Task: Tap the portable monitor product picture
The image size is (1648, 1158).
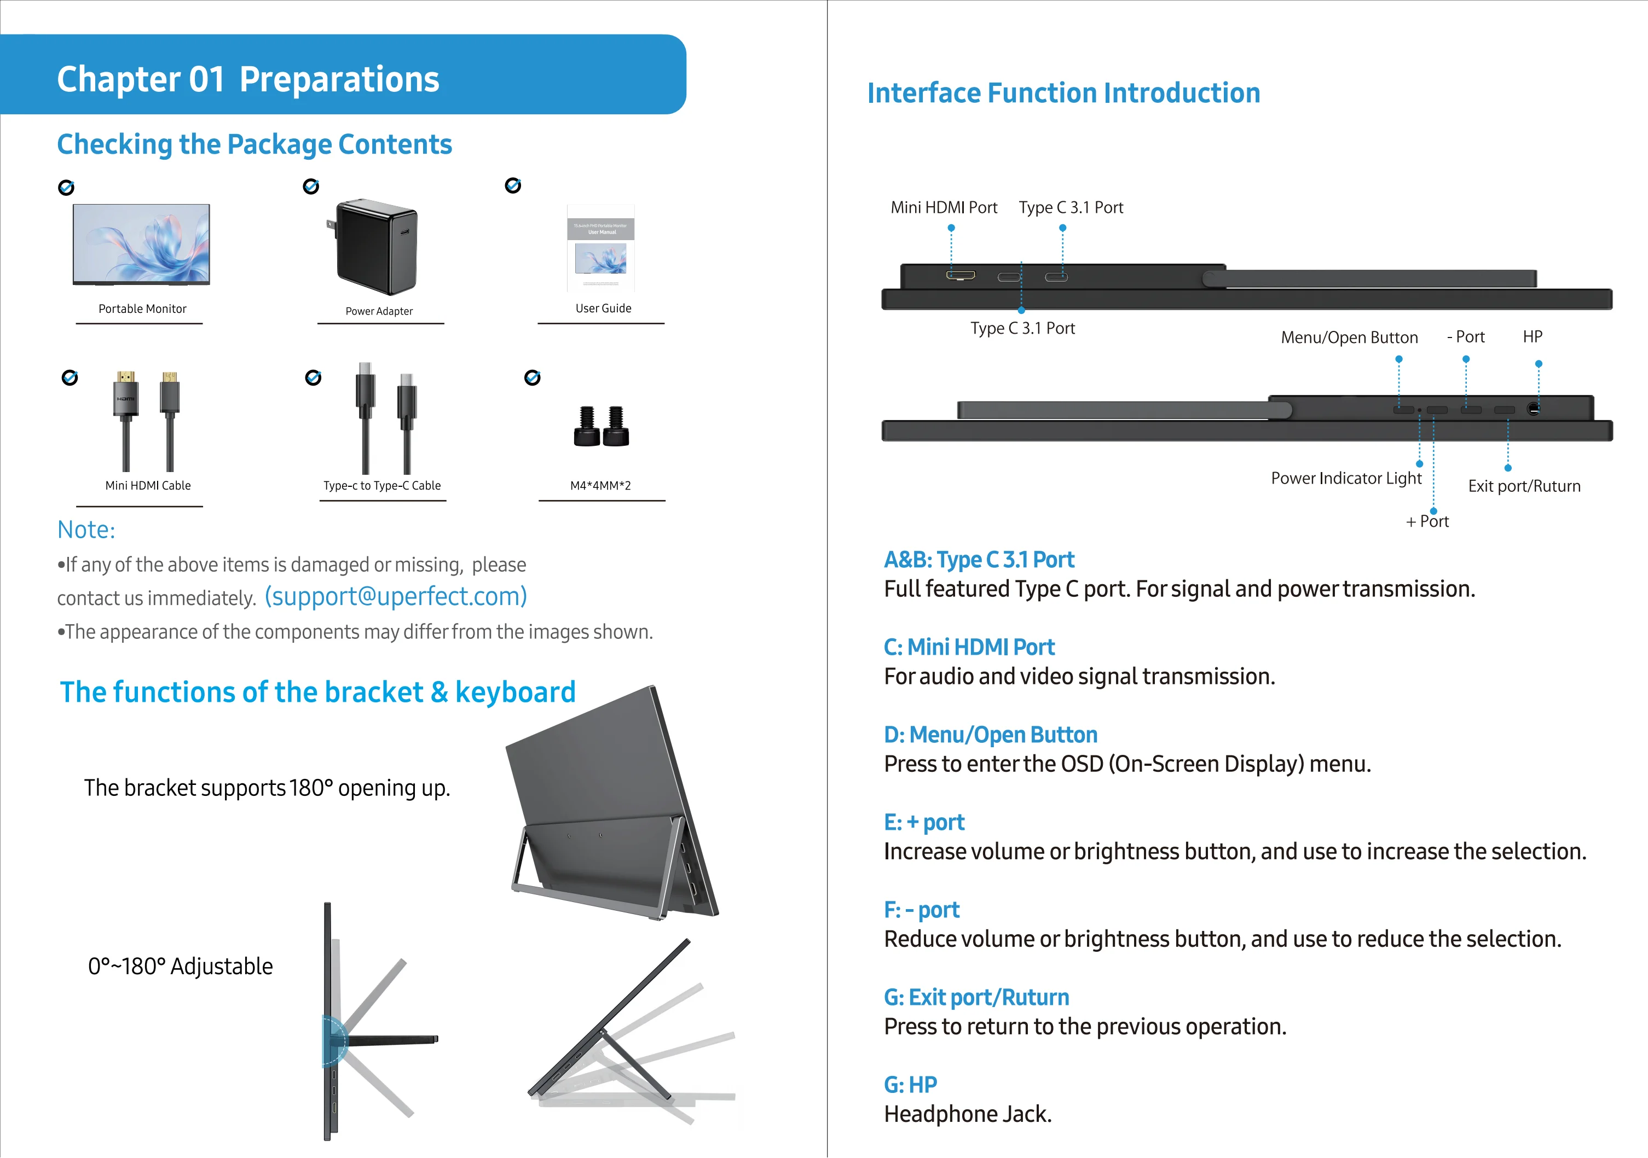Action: (141, 245)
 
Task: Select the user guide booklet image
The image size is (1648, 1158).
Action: (601, 248)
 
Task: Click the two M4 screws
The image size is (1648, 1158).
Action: (602, 426)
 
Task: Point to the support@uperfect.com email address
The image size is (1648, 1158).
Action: (396, 596)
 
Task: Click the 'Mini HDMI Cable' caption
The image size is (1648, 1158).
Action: (148, 486)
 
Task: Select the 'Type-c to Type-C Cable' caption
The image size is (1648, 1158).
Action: (382, 486)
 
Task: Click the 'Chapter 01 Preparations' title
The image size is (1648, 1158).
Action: (247, 79)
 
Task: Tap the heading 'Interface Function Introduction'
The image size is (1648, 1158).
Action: (1064, 94)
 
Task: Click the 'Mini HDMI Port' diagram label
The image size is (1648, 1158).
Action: (944, 207)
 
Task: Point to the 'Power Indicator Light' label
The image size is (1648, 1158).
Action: (1346, 479)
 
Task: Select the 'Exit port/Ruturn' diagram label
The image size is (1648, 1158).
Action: (1524, 486)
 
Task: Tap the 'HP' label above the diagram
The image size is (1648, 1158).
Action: (1533, 336)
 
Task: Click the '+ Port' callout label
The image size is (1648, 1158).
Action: (1427, 522)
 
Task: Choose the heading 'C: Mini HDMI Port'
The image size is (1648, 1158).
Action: (969, 647)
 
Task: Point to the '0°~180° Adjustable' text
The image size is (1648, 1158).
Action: (180, 967)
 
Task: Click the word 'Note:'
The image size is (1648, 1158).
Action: (86, 529)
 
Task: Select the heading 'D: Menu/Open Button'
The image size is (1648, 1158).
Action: (991, 735)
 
